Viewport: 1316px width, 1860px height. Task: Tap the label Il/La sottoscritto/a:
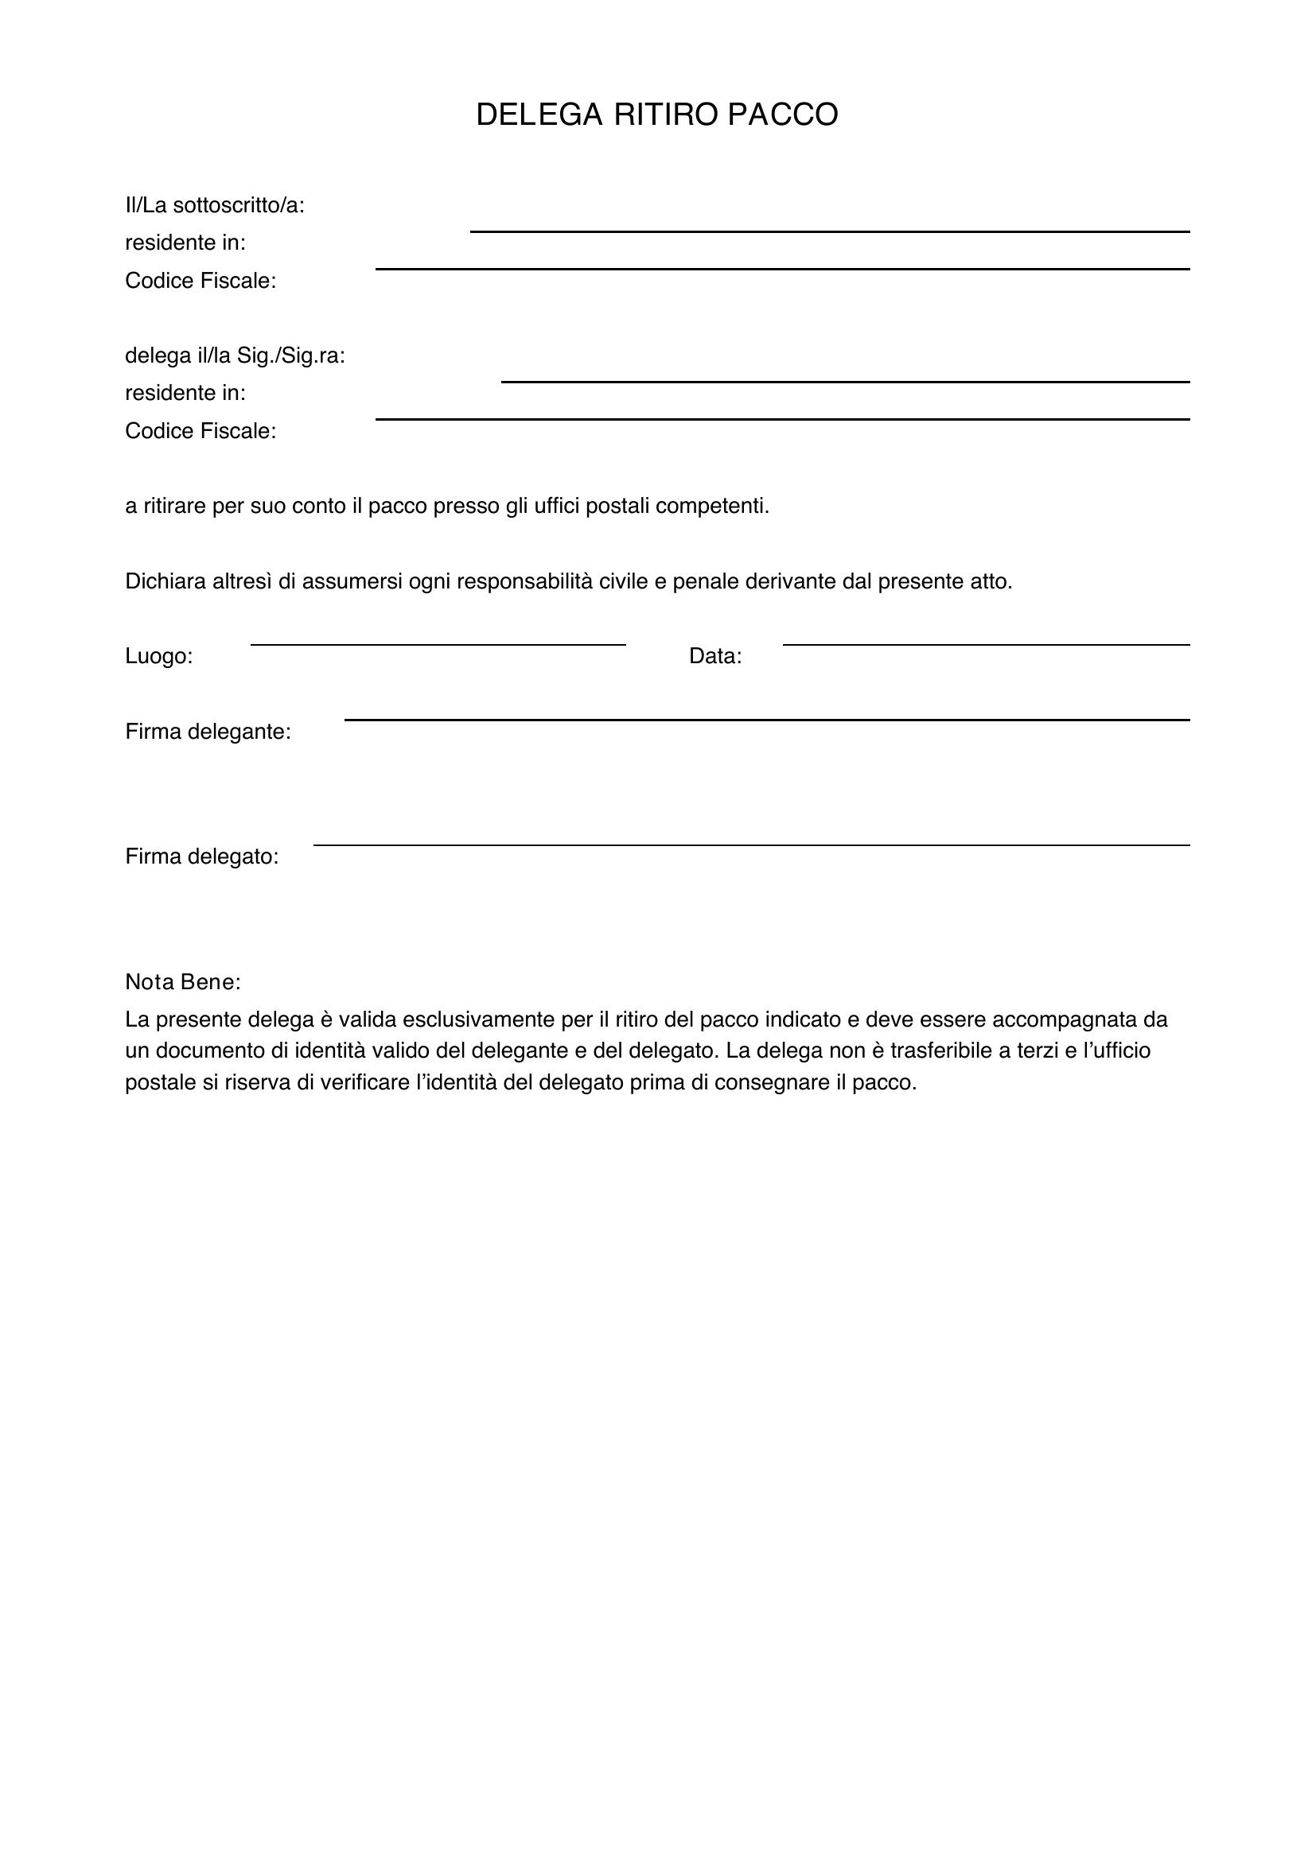pos(215,206)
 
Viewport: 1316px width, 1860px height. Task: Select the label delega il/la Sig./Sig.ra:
pos(235,355)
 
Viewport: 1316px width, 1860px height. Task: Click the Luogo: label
pos(159,656)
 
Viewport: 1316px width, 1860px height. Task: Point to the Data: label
pos(714,656)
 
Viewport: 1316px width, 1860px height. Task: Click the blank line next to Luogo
pos(438,645)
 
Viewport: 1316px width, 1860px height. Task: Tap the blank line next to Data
pos(985,645)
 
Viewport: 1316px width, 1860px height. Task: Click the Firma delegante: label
pos(208,732)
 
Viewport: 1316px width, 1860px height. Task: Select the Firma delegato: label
pos(202,857)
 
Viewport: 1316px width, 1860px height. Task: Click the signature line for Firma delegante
pos(766,720)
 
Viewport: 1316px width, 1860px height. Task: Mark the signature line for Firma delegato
pos(751,845)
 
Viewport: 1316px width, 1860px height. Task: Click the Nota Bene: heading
pos(183,983)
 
